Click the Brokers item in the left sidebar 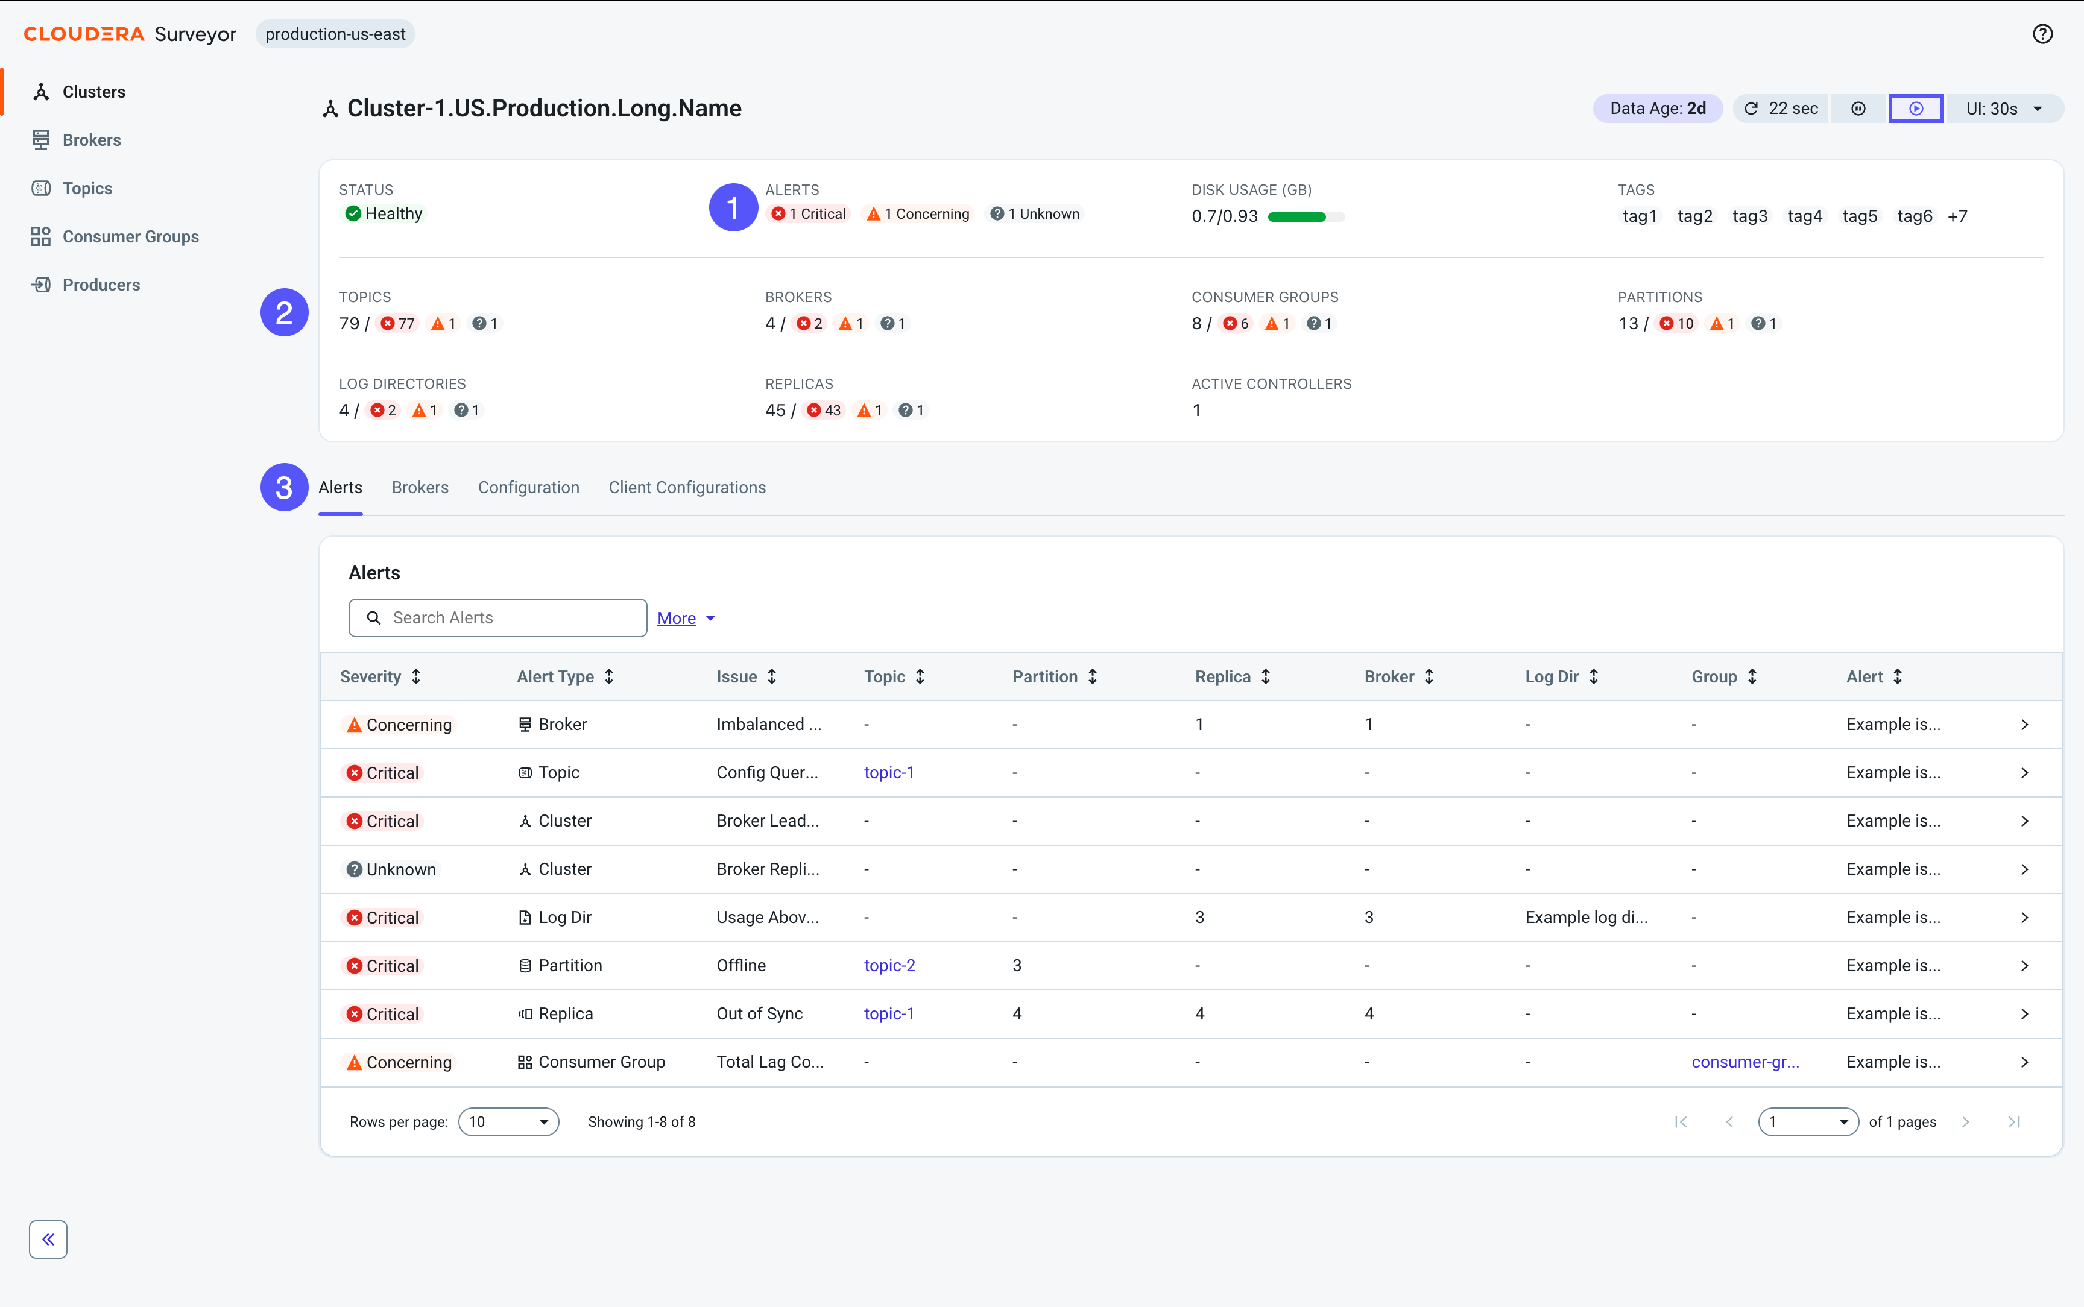point(91,140)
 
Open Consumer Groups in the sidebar point(130,237)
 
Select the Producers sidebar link point(100,285)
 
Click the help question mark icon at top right point(2042,34)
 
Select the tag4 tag point(1804,216)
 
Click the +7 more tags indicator point(1957,216)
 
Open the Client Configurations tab point(687,488)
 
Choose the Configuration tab point(528,488)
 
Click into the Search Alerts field point(498,618)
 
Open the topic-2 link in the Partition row point(889,966)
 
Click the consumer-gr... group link point(1745,1062)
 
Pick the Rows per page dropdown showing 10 point(508,1122)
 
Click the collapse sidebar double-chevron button point(48,1239)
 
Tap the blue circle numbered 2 point(285,313)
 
